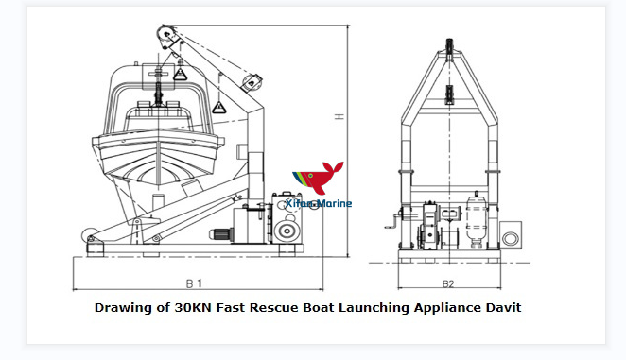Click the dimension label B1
click(195, 282)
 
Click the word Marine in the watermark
click(333, 203)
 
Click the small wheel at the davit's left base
click(88, 233)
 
